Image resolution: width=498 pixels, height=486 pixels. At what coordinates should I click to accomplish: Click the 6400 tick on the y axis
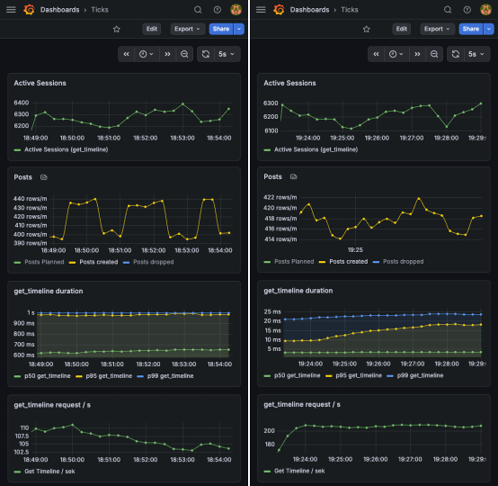(22, 103)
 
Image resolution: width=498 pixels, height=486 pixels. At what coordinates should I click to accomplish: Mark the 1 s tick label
(30, 313)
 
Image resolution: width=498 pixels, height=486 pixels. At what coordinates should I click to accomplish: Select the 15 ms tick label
(275, 330)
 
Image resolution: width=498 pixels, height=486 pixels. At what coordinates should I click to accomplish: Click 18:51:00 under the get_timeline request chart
(109, 459)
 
